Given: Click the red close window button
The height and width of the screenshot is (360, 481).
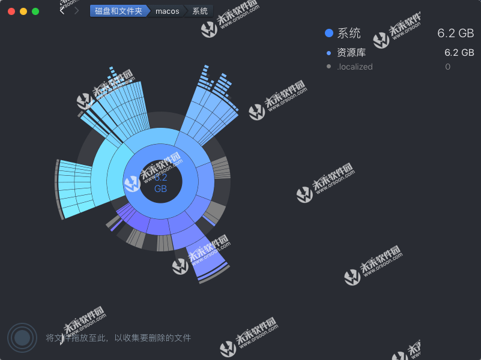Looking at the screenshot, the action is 11,11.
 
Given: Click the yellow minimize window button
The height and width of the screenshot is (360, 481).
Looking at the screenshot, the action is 23,11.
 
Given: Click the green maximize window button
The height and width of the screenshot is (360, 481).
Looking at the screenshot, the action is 35,11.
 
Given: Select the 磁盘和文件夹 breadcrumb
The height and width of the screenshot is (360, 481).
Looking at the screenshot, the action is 118,11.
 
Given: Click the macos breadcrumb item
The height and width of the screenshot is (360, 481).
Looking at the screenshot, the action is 167,11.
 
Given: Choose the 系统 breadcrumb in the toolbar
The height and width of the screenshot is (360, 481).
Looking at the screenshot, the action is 200,11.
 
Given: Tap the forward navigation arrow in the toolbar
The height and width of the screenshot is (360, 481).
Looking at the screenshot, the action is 76,11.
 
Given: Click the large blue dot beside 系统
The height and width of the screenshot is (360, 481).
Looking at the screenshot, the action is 328,34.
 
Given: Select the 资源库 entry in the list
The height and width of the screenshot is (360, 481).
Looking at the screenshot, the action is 351,53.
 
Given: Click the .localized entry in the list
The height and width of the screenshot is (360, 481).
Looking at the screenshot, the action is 355,67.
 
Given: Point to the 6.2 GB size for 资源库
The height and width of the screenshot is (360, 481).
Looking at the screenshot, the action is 459,53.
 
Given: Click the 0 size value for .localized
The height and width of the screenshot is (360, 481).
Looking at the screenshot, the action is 447,67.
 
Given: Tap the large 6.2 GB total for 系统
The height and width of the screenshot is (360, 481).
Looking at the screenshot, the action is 456,34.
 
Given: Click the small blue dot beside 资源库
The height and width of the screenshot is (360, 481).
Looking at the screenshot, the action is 328,53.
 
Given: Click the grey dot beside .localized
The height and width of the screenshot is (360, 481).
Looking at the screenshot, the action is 328,67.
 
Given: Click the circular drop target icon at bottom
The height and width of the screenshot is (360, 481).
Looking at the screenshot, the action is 22,338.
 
